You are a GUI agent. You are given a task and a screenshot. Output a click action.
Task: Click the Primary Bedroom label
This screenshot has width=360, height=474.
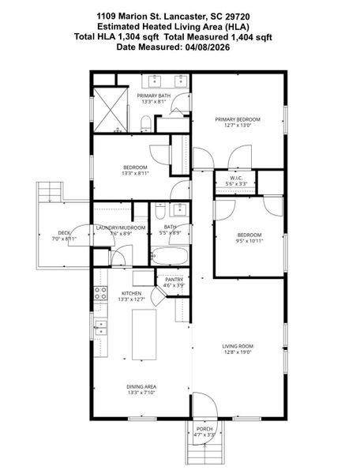click(x=238, y=119)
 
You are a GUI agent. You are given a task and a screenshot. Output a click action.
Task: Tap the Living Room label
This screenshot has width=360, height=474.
click(x=237, y=345)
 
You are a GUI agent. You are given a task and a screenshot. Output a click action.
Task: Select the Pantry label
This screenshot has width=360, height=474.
click(x=174, y=280)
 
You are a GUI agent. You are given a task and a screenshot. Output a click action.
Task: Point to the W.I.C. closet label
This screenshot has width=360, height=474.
click(x=237, y=179)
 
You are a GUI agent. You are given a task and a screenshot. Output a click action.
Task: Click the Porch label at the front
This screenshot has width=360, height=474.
click(x=204, y=429)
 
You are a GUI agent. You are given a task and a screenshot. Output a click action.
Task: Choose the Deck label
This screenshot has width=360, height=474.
click(x=63, y=233)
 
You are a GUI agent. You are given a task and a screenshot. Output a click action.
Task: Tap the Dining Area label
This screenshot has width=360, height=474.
click(x=142, y=386)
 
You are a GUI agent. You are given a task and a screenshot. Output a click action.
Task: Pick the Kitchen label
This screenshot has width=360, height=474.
click(x=130, y=293)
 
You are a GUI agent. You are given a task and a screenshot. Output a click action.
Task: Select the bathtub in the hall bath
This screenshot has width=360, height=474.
click(x=169, y=257)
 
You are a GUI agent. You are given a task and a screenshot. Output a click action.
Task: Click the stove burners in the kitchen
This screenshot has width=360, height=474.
click(x=101, y=294)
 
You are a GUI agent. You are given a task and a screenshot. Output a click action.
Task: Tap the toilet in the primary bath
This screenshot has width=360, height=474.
click(x=147, y=122)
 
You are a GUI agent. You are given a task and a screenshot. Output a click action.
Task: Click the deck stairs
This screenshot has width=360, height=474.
click(x=49, y=191)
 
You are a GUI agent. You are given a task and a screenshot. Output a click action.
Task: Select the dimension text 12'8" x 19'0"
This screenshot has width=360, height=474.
click(x=237, y=352)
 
